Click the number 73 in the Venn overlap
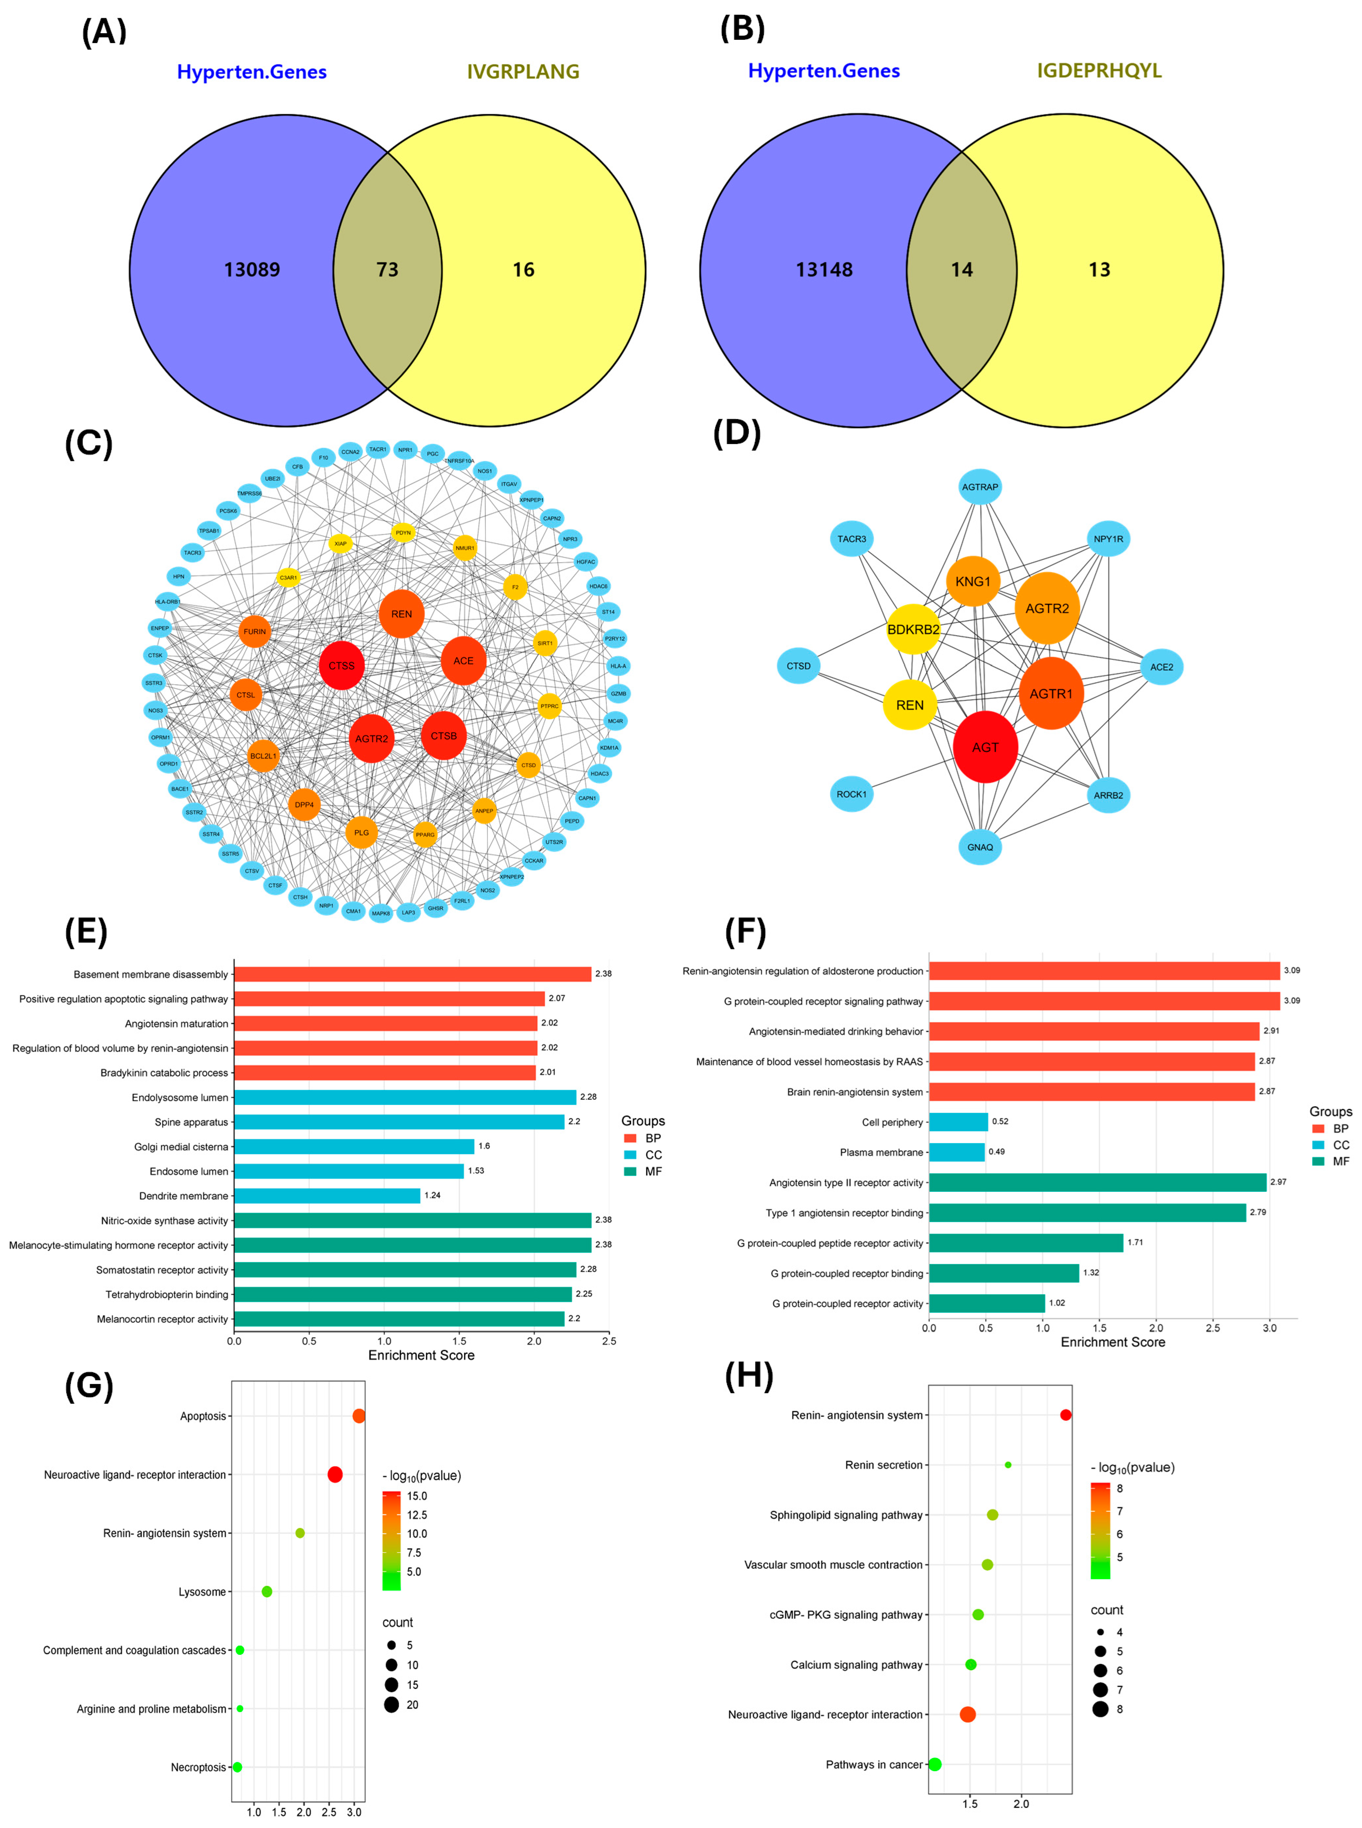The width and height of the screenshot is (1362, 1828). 387,269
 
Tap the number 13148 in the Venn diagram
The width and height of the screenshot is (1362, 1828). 824,269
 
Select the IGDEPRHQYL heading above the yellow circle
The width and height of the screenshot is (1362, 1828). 1099,71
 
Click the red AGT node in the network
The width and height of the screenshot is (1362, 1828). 985,747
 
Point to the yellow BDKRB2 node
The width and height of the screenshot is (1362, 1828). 913,629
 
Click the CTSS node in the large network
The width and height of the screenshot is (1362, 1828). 341,665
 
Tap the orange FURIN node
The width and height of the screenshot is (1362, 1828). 255,631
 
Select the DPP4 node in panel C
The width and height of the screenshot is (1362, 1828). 304,804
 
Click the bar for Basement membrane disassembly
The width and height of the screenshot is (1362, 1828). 412,974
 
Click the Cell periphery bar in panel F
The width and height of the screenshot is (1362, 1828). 958,1122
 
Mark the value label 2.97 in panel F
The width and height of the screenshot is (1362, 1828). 1278,1182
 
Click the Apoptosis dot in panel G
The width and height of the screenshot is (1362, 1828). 359,1416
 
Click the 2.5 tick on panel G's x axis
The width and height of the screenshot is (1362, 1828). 329,1812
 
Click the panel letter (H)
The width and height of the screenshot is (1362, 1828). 749,1377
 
